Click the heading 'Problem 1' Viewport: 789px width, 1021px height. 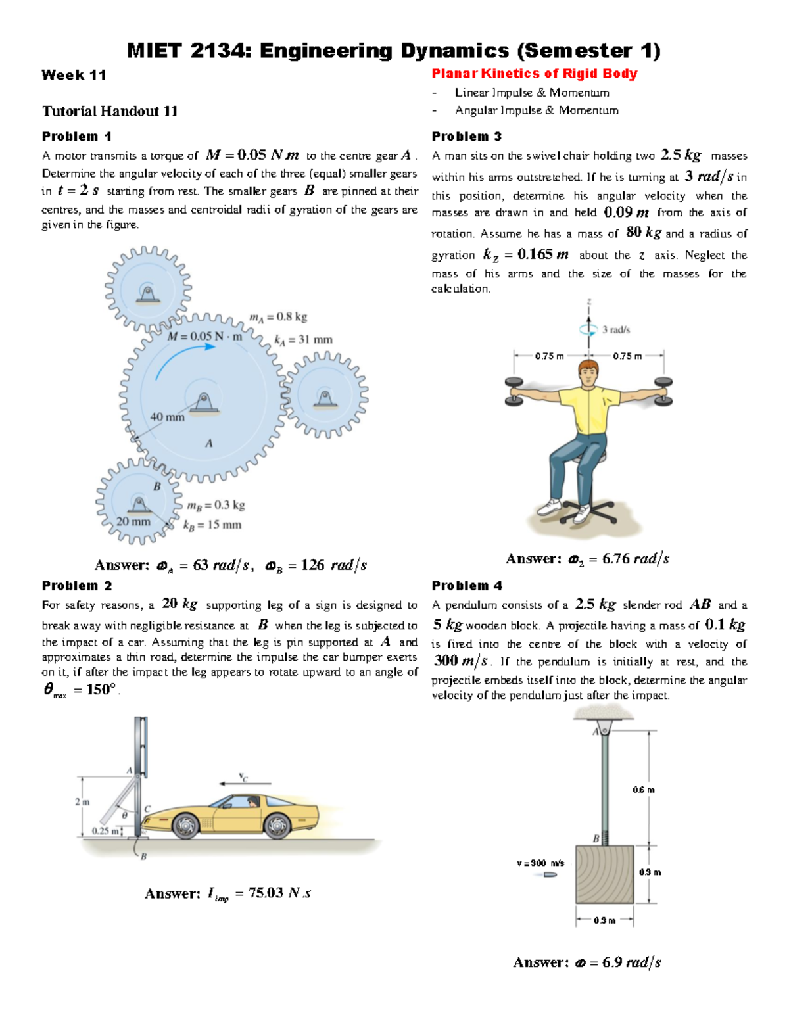(x=76, y=137)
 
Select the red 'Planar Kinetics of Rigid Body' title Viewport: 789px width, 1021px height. (x=534, y=74)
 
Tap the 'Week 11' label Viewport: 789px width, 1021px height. (x=74, y=75)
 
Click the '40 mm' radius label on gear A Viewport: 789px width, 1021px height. (x=167, y=417)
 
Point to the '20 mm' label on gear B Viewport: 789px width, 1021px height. (x=133, y=521)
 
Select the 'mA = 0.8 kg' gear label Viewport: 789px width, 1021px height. (x=278, y=317)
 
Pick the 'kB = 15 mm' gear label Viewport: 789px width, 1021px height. (x=212, y=525)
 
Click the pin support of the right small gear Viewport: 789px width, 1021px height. (x=324, y=399)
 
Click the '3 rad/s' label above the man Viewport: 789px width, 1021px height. (x=616, y=330)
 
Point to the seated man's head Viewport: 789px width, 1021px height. (x=588, y=372)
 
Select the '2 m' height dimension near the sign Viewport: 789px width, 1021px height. (x=82, y=802)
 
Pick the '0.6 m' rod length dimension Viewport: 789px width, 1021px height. (x=643, y=790)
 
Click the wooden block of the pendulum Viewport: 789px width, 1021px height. (x=604, y=874)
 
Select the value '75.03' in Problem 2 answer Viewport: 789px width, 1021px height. (x=266, y=893)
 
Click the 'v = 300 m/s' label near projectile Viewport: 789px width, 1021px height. (x=540, y=863)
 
